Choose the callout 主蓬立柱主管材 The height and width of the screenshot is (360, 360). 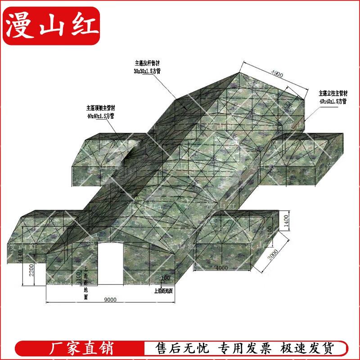[333, 94]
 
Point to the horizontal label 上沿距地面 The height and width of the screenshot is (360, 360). [164, 290]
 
